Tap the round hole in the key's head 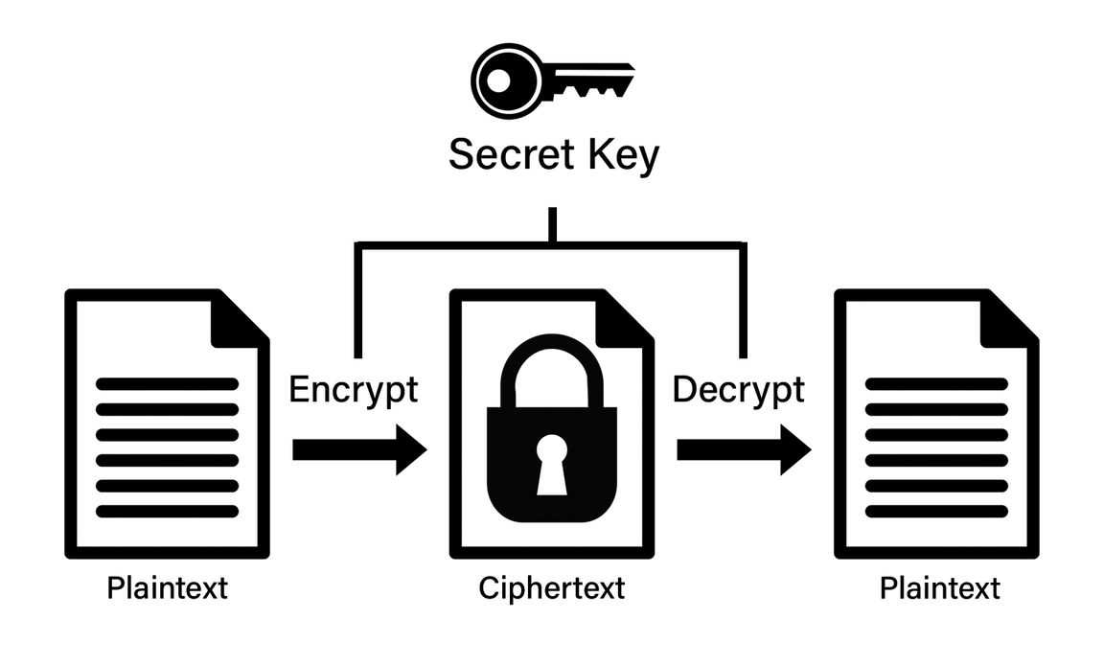[497, 82]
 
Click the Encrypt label [354, 390]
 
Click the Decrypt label [738, 390]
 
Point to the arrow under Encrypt [359, 449]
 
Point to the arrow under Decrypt [744, 449]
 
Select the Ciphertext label [551, 586]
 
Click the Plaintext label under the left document [168, 586]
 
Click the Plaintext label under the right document [939, 586]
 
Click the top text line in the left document [167, 383]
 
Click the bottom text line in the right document [936, 512]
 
